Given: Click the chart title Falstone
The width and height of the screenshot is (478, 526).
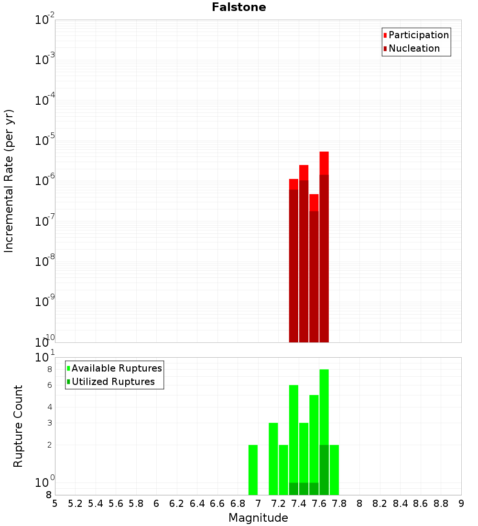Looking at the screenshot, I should tap(239, 7).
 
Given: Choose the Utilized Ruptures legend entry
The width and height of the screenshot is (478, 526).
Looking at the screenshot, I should tap(113, 382).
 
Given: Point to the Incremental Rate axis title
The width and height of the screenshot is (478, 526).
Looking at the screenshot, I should tap(9, 181).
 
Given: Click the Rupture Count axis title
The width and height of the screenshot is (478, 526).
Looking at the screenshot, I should tap(18, 426).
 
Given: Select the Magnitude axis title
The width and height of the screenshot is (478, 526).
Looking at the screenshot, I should tap(258, 518).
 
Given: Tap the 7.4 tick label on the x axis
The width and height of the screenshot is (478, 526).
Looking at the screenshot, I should tap(299, 504).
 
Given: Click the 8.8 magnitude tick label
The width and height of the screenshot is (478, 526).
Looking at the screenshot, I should tap(441, 504).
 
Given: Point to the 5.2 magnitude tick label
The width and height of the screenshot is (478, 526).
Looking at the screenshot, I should tap(76, 504).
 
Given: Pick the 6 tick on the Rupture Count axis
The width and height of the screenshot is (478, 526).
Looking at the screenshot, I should tap(49, 385).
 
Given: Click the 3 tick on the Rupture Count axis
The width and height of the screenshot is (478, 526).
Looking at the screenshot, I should tap(49, 423).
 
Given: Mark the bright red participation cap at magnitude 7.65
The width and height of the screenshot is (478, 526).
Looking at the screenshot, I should tap(324, 163).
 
